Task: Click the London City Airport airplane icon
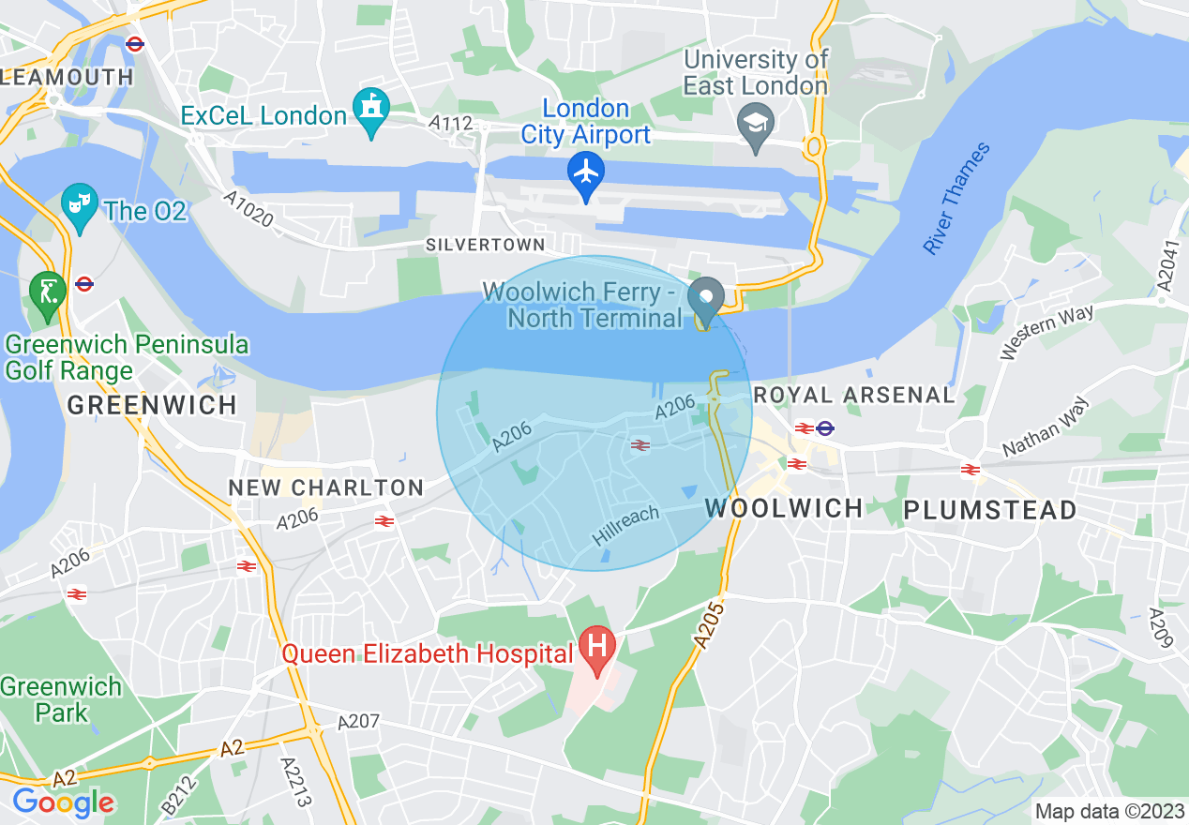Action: click(586, 173)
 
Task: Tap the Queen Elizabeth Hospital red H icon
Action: click(595, 648)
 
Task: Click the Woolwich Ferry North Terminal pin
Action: click(704, 299)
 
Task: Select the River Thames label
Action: click(956, 199)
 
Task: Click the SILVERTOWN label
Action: click(485, 245)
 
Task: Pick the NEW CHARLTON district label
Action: click(327, 487)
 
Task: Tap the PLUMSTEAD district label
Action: click(989, 510)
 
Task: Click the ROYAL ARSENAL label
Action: click(854, 396)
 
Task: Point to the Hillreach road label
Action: click(626, 526)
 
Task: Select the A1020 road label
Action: click(248, 209)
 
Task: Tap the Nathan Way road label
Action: click(1046, 427)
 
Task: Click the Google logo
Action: click(63, 802)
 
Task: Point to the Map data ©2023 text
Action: click(1108, 811)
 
